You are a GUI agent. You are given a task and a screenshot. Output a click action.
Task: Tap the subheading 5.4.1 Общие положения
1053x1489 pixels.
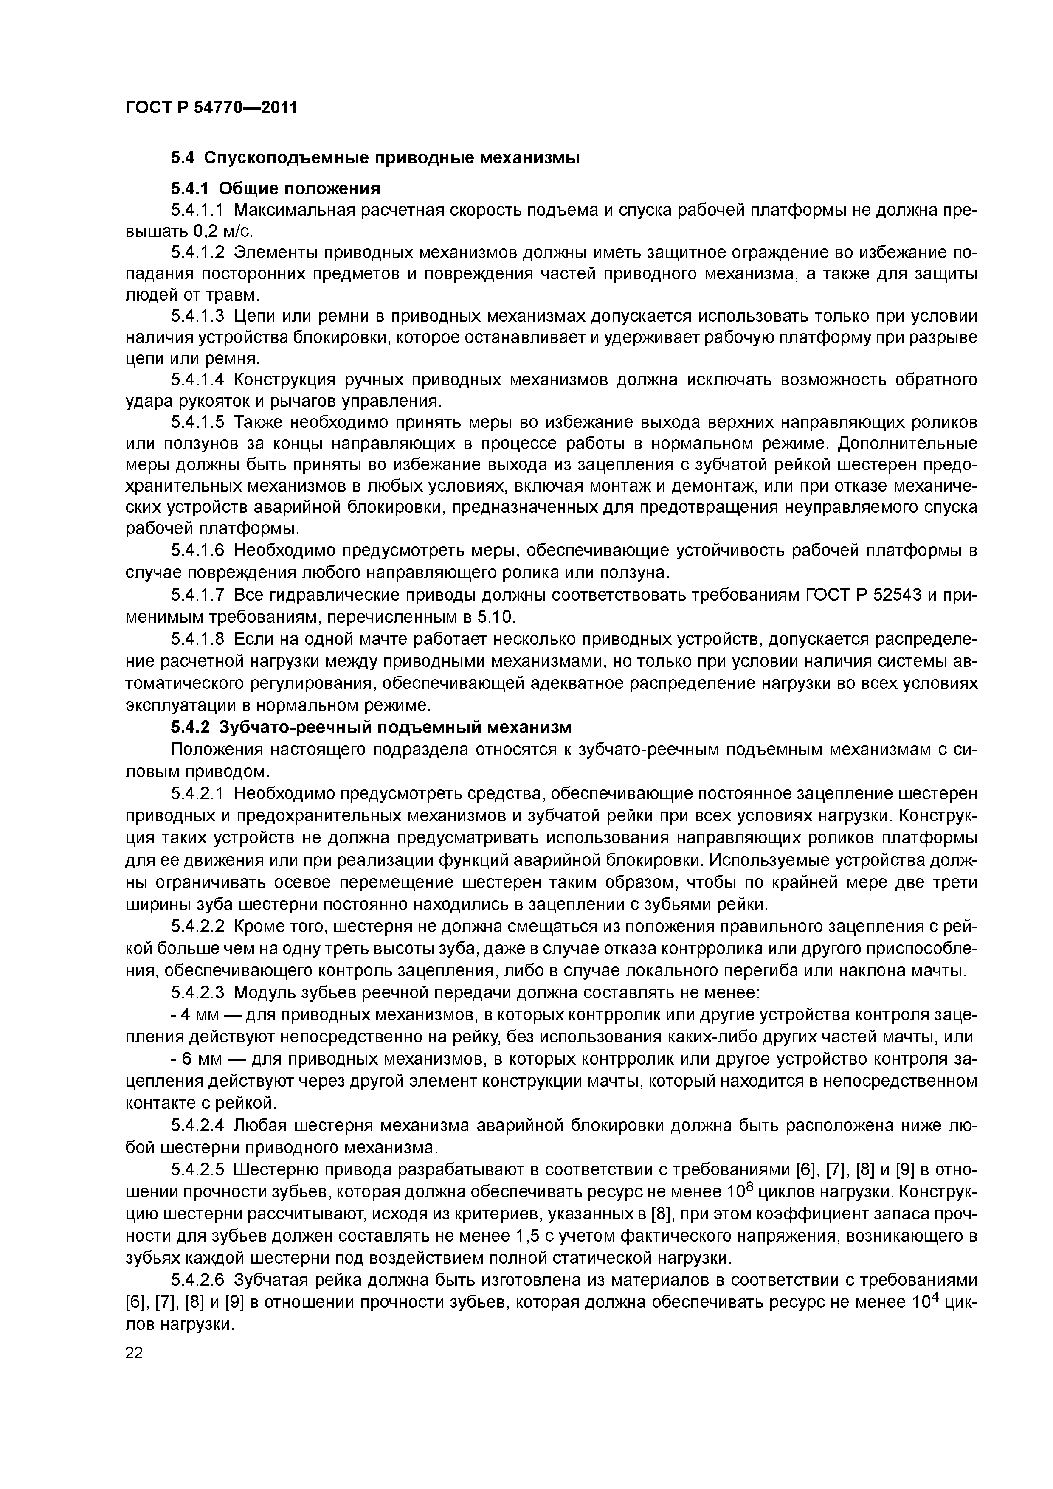[x=275, y=189]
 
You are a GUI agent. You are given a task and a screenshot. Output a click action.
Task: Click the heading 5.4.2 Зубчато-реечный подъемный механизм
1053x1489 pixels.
[x=371, y=728]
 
